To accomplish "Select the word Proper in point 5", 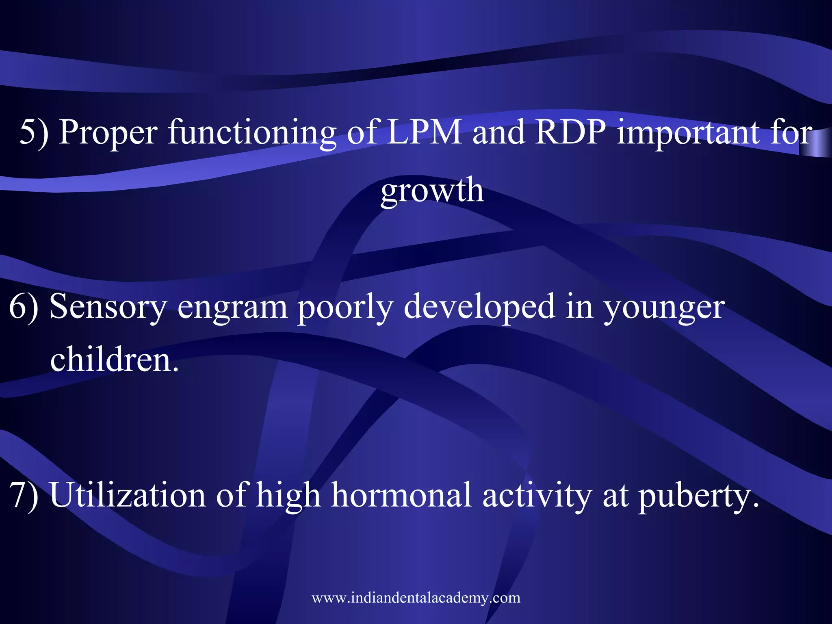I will pyautogui.click(x=108, y=132).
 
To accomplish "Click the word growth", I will pyautogui.click(x=432, y=191).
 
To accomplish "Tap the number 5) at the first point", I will pyautogui.click(x=34, y=132).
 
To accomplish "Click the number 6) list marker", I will pyautogui.click(x=24, y=307).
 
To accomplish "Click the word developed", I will pyautogui.click(x=479, y=307).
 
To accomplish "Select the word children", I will pyautogui.click(x=114, y=360).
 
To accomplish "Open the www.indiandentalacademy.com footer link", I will pyautogui.click(x=416, y=598).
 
